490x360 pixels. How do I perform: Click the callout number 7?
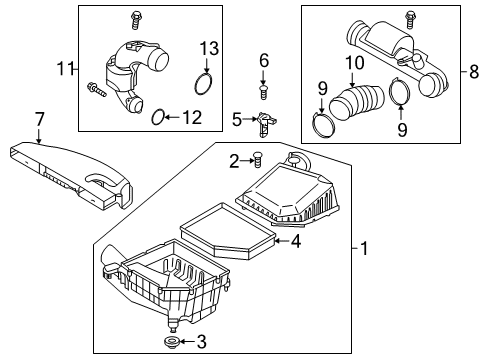click(x=39, y=121)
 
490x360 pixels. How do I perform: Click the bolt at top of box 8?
click(x=410, y=17)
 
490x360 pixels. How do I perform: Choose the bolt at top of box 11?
click(x=133, y=17)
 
